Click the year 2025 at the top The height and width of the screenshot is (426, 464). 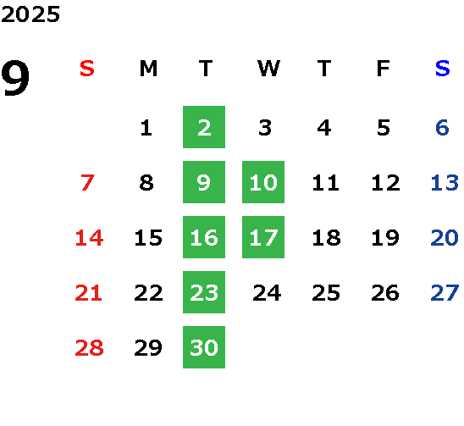pyautogui.click(x=30, y=14)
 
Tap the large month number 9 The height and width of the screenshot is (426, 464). pyautogui.click(x=15, y=78)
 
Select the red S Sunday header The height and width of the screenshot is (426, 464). pyautogui.click(x=87, y=69)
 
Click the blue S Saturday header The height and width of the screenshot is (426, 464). pyautogui.click(x=443, y=69)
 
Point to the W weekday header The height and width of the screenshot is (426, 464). pyautogui.click(x=268, y=69)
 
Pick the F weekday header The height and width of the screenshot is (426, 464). pyautogui.click(x=384, y=69)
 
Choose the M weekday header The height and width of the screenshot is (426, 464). pyautogui.click(x=148, y=69)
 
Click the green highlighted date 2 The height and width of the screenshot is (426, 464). pyautogui.click(x=204, y=127)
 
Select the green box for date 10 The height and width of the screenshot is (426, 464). pyautogui.click(x=263, y=182)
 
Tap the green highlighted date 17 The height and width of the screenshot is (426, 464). pyautogui.click(x=263, y=237)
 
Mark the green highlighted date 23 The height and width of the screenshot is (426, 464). pyautogui.click(x=204, y=292)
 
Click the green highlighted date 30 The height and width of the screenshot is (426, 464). pyautogui.click(x=204, y=347)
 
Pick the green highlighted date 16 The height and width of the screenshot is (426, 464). pyautogui.click(x=204, y=237)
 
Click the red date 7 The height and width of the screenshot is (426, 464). pyautogui.click(x=87, y=182)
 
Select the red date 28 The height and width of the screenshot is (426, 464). pyautogui.click(x=90, y=347)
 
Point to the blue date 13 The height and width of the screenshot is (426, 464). pyautogui.click(x=445, y=182)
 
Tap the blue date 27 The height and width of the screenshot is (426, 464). pyautogui.click(x=445, y=292)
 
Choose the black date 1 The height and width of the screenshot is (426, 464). pyautogui.click(x=146, y=128)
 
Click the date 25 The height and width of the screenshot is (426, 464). pyautogui.click(x=326, y=292)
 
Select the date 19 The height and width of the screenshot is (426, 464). pyautogui.click(x=385, y=237)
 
